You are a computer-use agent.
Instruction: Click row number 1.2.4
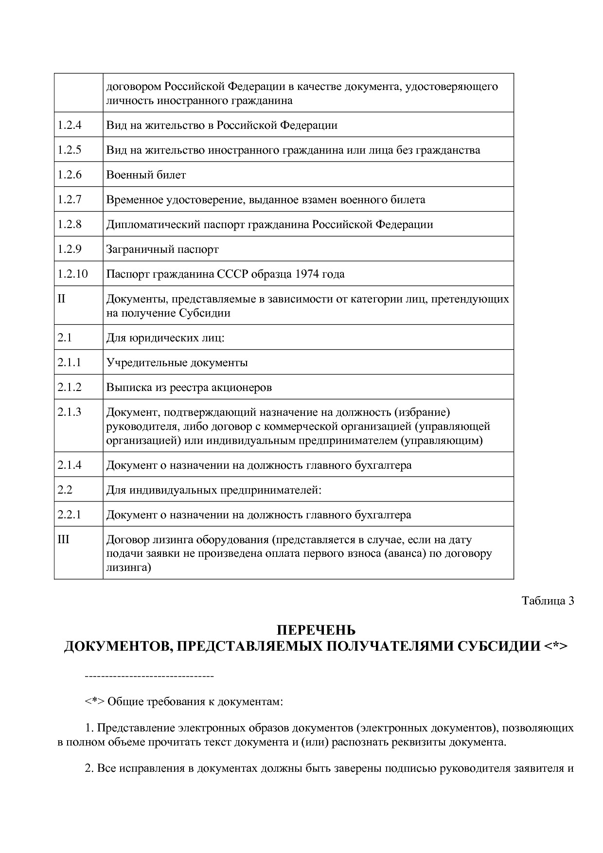70,125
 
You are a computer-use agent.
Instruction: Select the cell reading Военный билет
146,175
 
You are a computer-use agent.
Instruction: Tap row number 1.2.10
72,274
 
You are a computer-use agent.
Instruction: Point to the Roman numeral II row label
61,299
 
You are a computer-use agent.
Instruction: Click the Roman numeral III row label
63,540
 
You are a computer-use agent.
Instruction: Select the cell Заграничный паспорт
162,249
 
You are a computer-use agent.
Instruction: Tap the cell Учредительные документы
177,363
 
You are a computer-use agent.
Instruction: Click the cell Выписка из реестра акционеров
189,388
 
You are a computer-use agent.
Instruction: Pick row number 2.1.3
70,412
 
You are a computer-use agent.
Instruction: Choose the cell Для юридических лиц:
165,338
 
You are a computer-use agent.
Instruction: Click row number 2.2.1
70,515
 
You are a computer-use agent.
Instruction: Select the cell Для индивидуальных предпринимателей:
214,490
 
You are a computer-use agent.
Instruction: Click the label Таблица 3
548,601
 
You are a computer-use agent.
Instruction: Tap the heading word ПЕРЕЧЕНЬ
316,631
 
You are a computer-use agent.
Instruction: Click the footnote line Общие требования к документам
184,702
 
